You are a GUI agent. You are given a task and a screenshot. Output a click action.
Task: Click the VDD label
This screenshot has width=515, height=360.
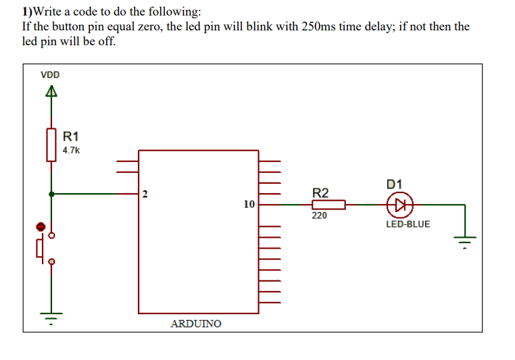click(49, 74)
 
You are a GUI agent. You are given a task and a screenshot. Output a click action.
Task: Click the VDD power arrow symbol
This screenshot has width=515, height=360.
click(51, 93)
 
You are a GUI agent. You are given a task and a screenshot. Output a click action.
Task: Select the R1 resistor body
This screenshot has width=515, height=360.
click(51, 145)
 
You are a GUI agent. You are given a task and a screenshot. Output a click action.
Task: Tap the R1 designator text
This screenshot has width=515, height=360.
click(71, 136)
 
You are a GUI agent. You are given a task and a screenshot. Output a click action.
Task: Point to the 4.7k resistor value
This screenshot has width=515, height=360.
click(71, 151)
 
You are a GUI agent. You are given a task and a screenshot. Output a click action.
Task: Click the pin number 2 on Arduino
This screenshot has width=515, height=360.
click(145, 196)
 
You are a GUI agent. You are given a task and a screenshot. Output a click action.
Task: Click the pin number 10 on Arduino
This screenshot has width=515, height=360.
click(249, 203)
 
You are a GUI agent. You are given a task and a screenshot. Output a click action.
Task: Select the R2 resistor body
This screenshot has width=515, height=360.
click(328, 204)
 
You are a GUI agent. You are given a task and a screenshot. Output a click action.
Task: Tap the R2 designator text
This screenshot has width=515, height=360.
click(320, 192)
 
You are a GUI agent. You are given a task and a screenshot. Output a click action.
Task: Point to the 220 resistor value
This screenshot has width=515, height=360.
click(319, 216)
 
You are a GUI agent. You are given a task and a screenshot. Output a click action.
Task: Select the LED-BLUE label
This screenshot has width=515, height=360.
click(408, 224)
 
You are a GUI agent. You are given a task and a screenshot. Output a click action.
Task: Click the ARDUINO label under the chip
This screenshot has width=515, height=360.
click(195, 324)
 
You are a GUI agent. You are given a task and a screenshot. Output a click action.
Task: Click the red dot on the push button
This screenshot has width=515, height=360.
click(41, 227)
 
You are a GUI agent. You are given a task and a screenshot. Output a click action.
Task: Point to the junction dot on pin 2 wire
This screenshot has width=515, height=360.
click(51, 194)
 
